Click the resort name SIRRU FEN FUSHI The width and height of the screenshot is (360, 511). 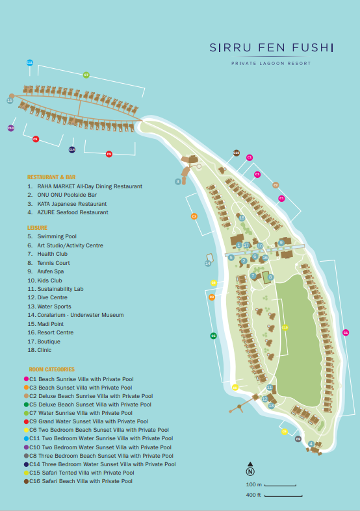click(x=271, y=48)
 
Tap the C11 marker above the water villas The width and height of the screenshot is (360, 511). click(x=30, y=62)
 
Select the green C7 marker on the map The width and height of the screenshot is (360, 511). click(x=86, y=75)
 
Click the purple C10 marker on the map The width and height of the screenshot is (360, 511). click(x=10, y=129)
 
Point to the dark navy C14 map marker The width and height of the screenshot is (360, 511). click(x=72, y=149)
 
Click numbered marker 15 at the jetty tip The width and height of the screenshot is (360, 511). click(x=10, y=100)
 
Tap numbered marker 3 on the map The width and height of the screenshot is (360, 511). click(x=177, y=181)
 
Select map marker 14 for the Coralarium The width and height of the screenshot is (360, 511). click(x=208, y=263)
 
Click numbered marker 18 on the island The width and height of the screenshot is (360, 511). click(x=242, y=218)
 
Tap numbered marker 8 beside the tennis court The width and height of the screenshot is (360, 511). click(x=270, y=277)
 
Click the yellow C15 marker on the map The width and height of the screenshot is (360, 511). click(x=285, y=327)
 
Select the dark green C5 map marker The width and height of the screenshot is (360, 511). click(x=213, y=336)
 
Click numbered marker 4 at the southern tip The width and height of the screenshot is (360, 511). click(x=311, y=444)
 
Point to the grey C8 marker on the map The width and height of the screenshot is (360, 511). click(x=298, y=439)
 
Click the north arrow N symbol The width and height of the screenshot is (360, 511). click(x=250, y=472)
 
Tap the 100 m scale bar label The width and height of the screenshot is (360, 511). click(x=253, y=485)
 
